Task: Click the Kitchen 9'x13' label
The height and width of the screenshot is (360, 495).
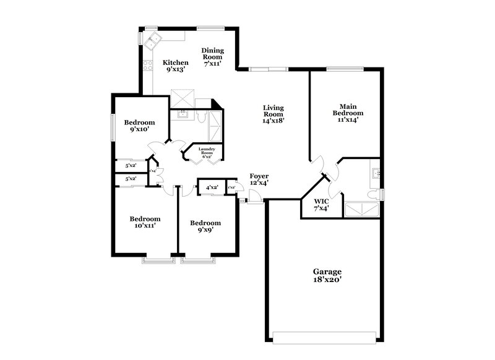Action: (175, 66)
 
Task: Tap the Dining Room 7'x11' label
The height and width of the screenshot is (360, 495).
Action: (212, 56)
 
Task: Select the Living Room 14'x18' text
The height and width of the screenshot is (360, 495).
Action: (273, 114)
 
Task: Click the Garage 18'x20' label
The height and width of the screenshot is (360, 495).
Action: (327, 276)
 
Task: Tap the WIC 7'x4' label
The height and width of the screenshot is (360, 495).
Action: (321, 205)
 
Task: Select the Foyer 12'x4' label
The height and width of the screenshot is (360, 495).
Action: (259, 180)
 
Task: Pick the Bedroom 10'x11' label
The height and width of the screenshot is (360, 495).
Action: (145, 222)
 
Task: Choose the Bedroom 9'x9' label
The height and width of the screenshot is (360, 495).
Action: (205, 226)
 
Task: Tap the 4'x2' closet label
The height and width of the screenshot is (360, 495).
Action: (212, 187)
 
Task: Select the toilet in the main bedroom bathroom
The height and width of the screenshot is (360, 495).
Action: (372, 195)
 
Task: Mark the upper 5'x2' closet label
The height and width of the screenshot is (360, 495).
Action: (131, 166)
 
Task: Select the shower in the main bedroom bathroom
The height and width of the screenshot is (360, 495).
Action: (361, 209)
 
